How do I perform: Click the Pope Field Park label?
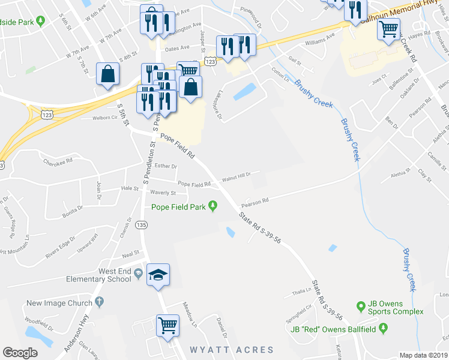pos(178,208)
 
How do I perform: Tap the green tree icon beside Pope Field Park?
pos(212,208)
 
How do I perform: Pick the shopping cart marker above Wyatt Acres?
pos(167,326)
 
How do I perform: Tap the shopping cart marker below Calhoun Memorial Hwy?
pos(388,28)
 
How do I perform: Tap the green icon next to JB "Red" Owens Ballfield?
pos(384,328)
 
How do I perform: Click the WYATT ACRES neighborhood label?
pos(232,350)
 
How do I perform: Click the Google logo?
pos(20,352)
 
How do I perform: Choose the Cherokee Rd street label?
pos(58,161)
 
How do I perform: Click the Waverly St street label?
pos(163,193)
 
